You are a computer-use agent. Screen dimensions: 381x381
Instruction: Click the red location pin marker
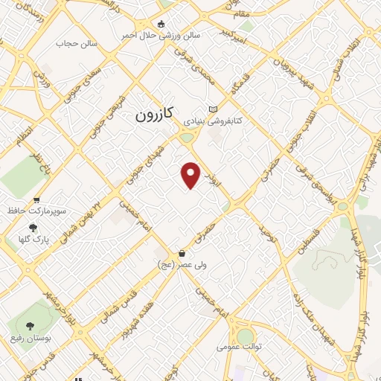coord(191,175)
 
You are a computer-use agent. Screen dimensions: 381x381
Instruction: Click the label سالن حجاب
coord(77,44)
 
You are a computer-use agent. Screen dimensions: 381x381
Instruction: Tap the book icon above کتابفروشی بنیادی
coord(214,109)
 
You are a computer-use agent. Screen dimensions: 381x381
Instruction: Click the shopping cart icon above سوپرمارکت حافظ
coord(36,199)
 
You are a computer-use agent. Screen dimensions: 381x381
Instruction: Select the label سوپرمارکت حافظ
coord(36,211)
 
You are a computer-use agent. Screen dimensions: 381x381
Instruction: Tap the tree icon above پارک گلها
coord(32,228)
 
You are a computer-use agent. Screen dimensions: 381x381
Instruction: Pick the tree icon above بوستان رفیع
coord(30,326)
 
